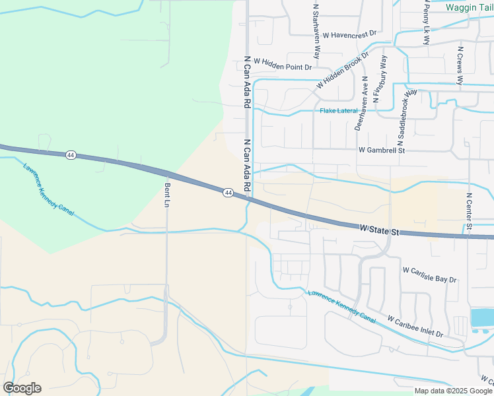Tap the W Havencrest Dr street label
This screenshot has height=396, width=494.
pos(343,34)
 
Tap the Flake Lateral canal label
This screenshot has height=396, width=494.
pos(339,111)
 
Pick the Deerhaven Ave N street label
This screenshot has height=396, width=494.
pos(361,103)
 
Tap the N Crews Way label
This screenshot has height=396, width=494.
pos(460,63)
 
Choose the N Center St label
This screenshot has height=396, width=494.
pos(469,212)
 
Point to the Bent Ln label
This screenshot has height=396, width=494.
pos(167,195)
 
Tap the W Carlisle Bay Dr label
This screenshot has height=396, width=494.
pos(430,275)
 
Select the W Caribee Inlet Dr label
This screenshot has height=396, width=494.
pos(415,327)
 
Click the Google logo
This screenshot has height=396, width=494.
pos(22,388)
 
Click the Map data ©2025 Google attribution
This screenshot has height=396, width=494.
pos(454,391)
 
